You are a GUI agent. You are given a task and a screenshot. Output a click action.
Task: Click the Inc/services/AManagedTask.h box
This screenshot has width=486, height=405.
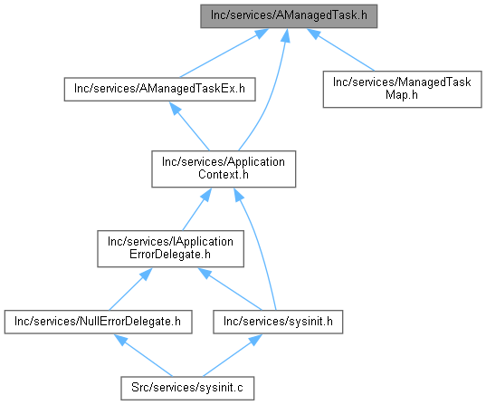click(289, 16)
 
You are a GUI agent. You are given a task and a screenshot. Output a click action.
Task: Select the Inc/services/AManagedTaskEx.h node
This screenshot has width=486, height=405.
click(159, 90)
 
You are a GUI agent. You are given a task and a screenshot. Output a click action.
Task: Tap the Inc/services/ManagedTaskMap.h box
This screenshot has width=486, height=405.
click(403, 90)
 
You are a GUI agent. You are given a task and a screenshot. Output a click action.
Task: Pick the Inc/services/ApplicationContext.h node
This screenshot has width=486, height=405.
click(224, 169)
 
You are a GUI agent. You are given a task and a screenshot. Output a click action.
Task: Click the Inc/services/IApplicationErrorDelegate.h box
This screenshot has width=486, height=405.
click(170, 248)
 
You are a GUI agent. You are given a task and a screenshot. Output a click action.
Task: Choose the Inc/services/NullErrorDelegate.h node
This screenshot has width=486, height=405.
click(98, 322)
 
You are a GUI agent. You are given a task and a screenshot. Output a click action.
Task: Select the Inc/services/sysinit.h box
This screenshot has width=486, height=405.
click(278, 322)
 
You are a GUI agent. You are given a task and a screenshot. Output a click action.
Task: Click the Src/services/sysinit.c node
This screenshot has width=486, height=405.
click(187, 389)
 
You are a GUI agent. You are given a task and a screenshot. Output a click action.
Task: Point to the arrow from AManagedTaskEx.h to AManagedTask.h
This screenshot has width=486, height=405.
click(224, 53)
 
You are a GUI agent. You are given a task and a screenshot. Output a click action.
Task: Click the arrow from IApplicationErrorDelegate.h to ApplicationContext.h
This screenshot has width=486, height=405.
click(196, 209)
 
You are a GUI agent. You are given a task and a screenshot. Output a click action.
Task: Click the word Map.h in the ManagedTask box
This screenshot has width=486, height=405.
click(402, 95)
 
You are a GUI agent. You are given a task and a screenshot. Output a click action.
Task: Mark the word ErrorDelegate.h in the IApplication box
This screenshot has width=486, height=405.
click(170, 255)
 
